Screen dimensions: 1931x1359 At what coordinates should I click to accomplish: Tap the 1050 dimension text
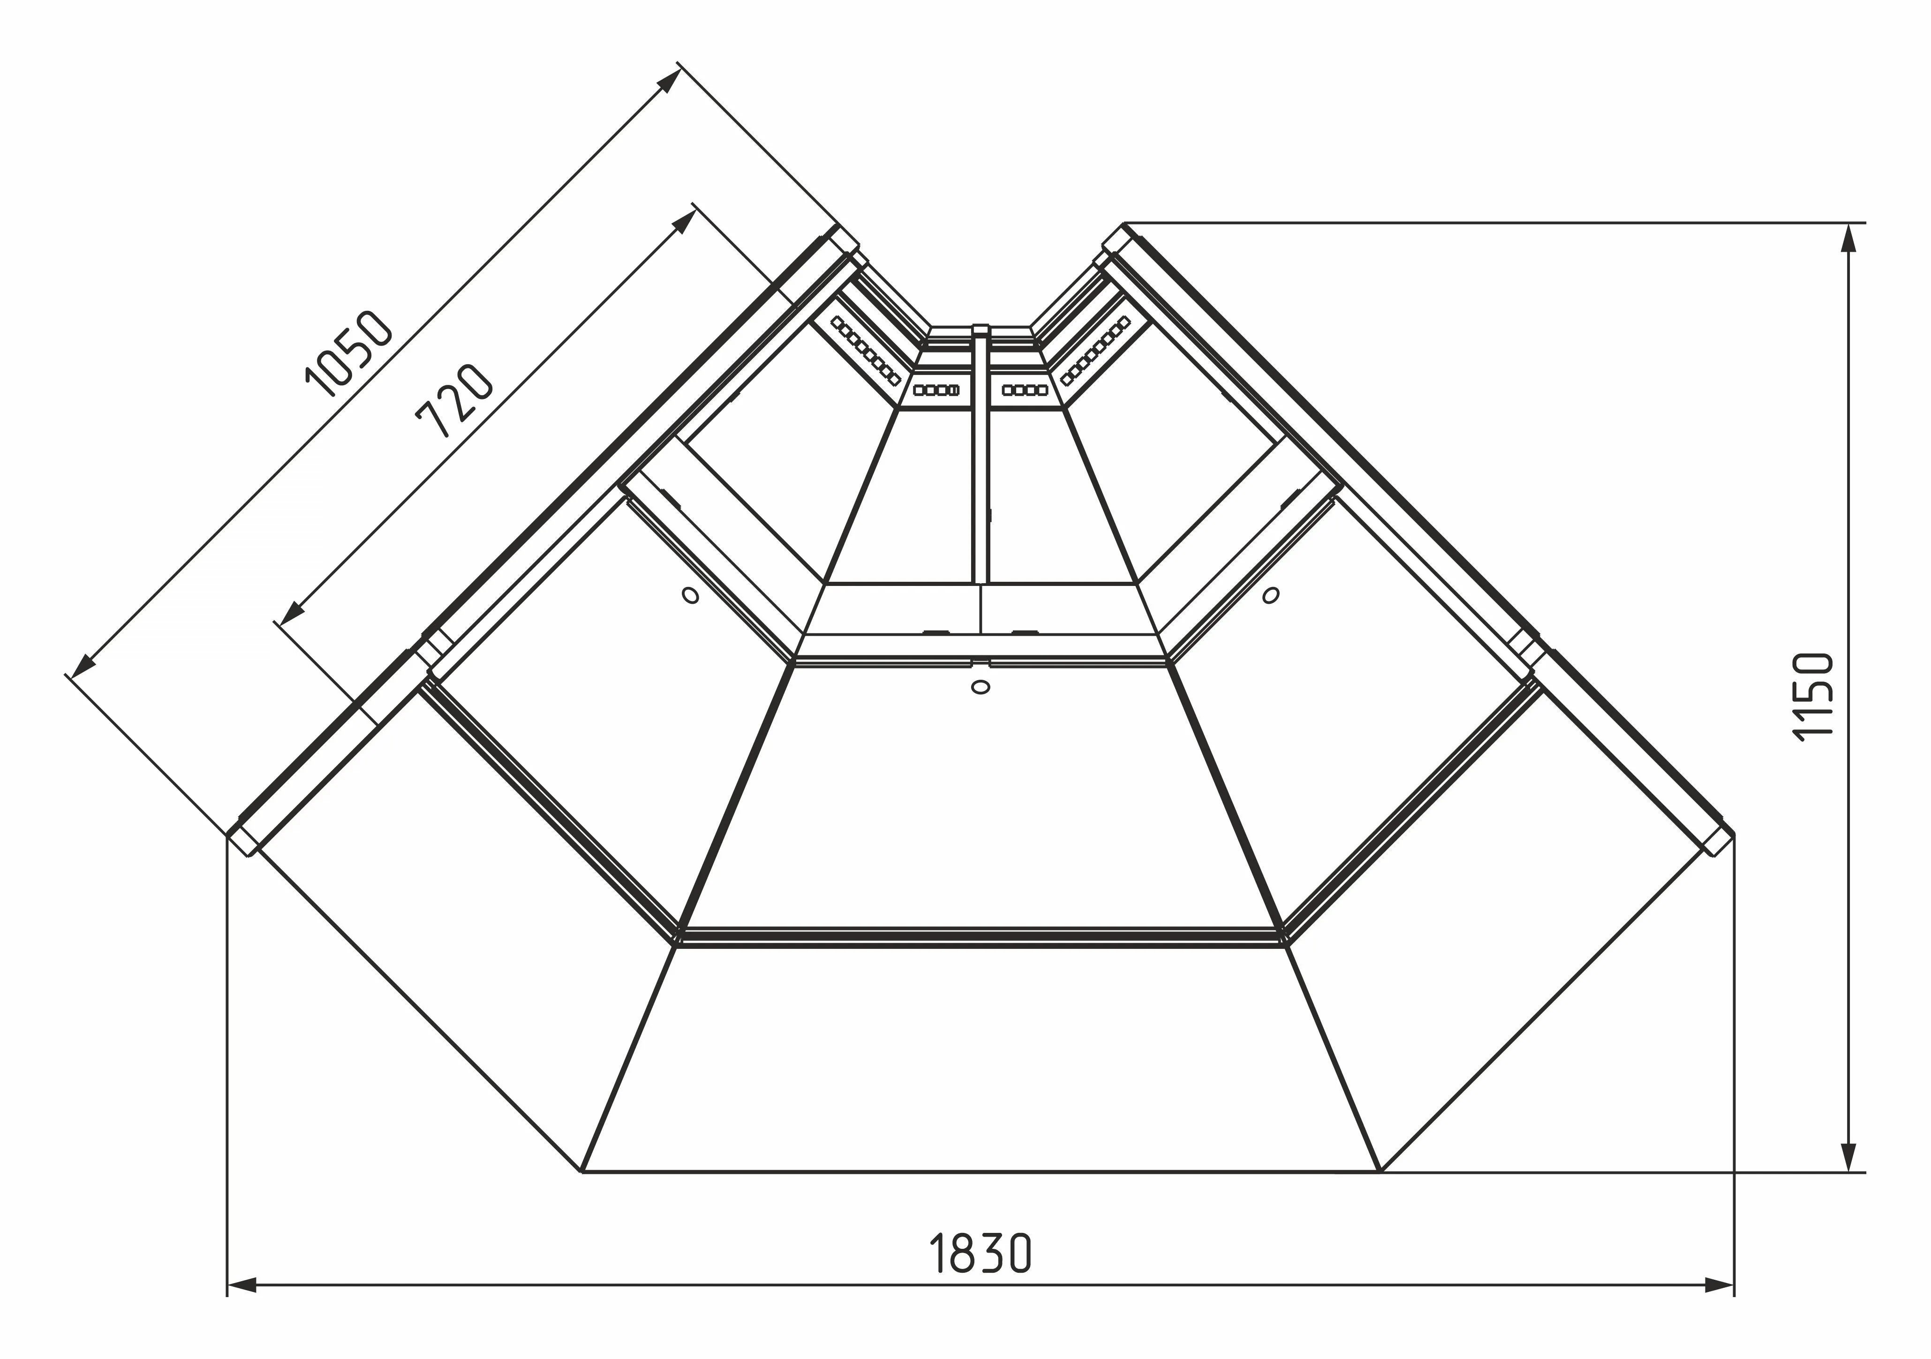click(x=348, y=353)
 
